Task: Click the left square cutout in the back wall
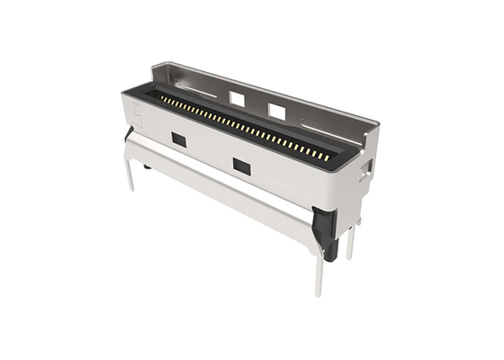coord(238,97)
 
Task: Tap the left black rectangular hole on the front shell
coord(179,140)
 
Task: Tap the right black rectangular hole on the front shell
coord(241,166)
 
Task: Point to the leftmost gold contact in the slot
coord(162,96)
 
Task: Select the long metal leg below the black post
coord(319,274)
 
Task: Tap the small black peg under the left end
coord(147,166)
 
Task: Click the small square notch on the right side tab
coord(367,167)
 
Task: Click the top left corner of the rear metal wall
coord(156,65)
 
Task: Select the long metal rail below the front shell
coord(225,193)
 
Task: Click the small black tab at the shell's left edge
coord(129,132)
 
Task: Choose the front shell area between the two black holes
coord(210,151)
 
